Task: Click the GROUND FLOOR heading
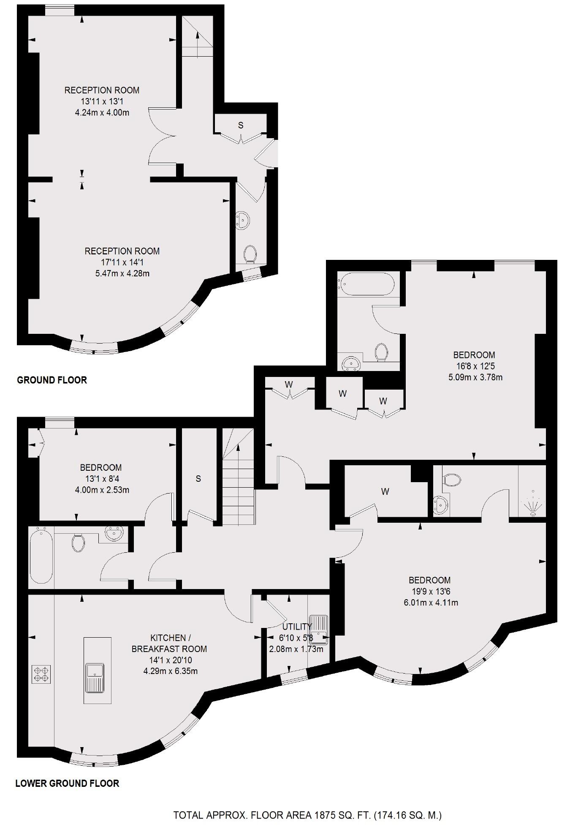coord(52,380)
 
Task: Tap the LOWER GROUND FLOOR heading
coord(67,783)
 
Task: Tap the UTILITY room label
coord(297,626)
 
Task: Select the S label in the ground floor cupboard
coord(241,125)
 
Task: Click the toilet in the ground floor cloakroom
coord(250,254)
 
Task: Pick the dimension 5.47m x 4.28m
coord(122,273)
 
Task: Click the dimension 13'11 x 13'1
coord(102,101)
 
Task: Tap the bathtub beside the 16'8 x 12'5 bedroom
coord(366,283)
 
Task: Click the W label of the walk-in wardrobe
coord(385,491)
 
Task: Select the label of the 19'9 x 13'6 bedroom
coord(429,580)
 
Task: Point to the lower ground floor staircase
coord(239,486)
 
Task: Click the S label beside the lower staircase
coord(198,478)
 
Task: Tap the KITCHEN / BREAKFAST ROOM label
coord(169,643)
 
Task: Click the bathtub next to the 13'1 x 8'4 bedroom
coord(41,556)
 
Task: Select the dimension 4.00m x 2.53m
coord(102,490)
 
